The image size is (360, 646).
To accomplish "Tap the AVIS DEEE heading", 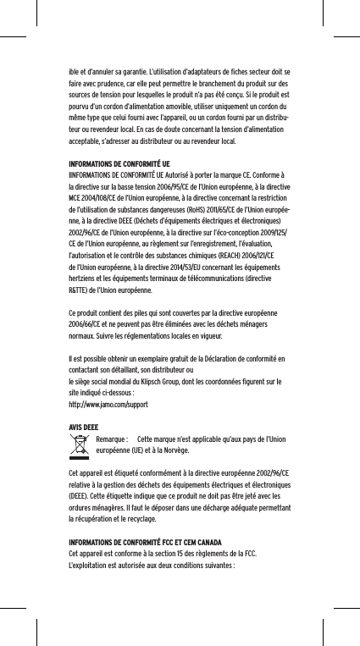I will click(82, 427).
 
